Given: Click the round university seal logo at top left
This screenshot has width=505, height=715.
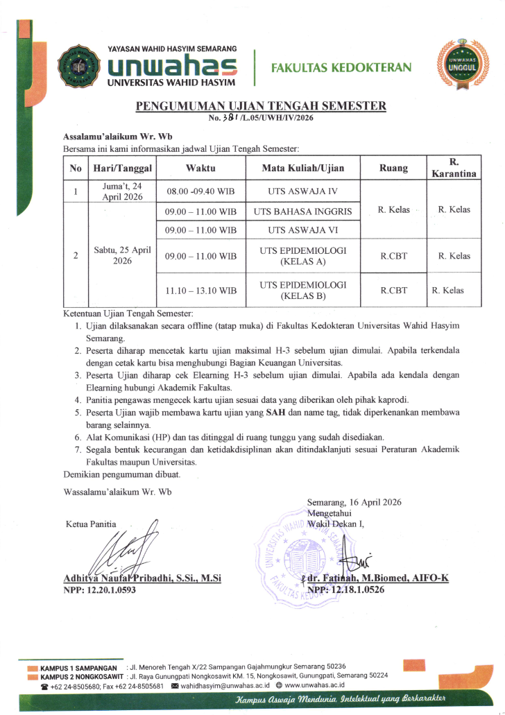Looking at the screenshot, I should click(78, 67).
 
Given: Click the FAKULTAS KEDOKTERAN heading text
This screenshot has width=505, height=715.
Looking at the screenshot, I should click(341, 67).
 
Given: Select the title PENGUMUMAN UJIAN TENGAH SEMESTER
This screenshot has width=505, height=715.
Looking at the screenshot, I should click(261, 106).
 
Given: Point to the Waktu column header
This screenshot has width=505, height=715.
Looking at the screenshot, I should click(200, 168).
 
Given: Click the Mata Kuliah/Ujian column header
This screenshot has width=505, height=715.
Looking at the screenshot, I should click(302, 168).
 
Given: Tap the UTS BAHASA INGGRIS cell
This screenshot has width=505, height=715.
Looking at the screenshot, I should click(302, 211).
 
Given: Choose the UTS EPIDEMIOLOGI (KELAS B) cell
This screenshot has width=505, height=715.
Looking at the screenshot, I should click(302, 291).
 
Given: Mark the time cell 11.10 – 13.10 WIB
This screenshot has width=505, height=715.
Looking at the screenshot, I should click(200, 291).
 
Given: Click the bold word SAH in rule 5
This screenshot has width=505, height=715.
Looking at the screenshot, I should click(273, 413).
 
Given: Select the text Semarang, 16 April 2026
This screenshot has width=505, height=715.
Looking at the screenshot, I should click(354, 502).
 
